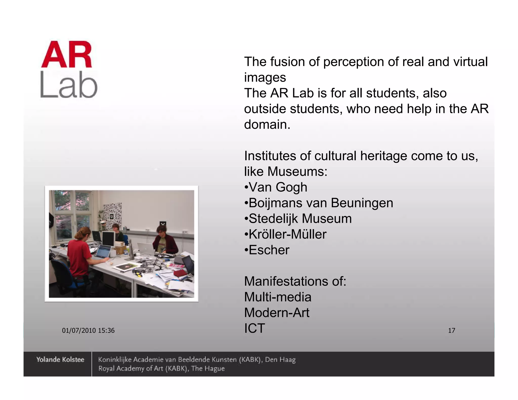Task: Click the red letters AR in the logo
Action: tap(67, 55)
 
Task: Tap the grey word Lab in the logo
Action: tap(69, 84)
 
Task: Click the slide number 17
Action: tap(451, 330)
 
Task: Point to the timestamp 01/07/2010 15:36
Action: tap(88, 330)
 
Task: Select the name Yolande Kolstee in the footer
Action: tap(60, 360)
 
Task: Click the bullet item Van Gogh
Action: tap(278, 187)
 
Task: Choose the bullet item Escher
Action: tap(269, 250)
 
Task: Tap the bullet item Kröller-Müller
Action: tap(287, 234)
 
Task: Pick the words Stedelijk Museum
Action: tap(300, 219)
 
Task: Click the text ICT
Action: tap(254, 328)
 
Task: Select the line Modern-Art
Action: tap(277, 313)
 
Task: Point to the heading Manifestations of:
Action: tap(295, 281)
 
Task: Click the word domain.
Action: tap(267, 125)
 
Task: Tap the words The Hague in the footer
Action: tap(208, 369)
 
